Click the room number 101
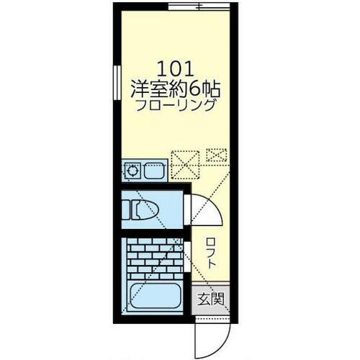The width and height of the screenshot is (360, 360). click(175, 69)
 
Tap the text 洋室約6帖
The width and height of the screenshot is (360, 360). click(176, 89)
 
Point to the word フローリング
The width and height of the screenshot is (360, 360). click(175, 106)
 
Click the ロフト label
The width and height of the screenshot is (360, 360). click(211, 253)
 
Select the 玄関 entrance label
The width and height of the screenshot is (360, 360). click(211, 299)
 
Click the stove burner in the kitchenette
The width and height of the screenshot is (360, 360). click(132, 171)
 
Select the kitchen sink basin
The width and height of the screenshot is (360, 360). click(154, 171)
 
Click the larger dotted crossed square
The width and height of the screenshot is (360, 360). click(185, 165)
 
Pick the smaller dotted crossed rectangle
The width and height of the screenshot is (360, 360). click(217, 155)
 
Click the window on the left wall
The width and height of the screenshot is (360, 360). click(117, 82)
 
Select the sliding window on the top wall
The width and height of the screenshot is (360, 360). click(199, 6)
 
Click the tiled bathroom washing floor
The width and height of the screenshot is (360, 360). click(155, 258)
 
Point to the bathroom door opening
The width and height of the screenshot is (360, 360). click(187, 256)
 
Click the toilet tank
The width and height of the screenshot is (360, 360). click(126, 210)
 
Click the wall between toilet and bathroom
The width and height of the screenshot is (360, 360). click(153, 233)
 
